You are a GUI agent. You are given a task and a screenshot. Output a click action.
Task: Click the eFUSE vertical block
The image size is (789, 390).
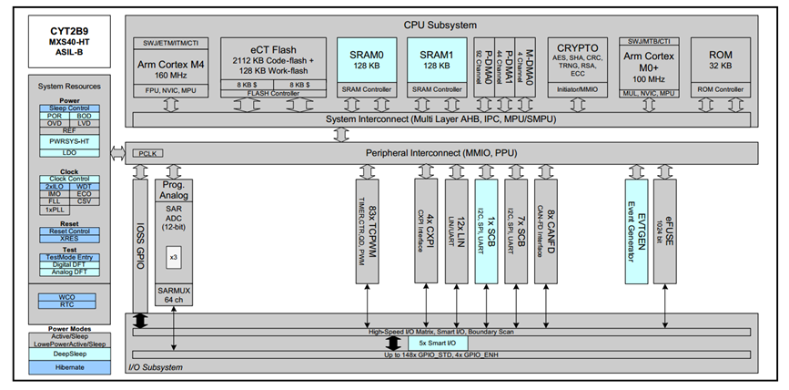coord(669,228)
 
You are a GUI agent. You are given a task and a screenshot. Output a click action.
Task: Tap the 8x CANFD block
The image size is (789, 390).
coord(546,228)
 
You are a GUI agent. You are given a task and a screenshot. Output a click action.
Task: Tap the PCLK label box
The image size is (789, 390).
coord(147,154)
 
